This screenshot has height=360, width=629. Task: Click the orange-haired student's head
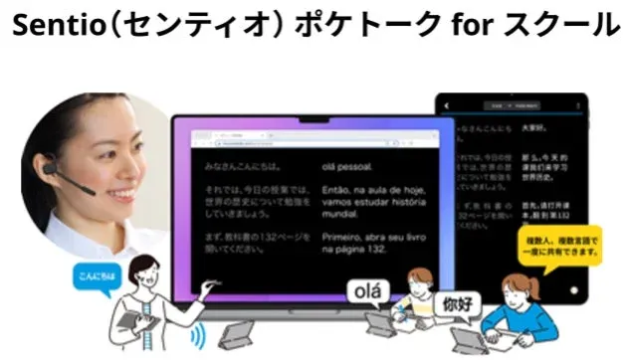(420, 279)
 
